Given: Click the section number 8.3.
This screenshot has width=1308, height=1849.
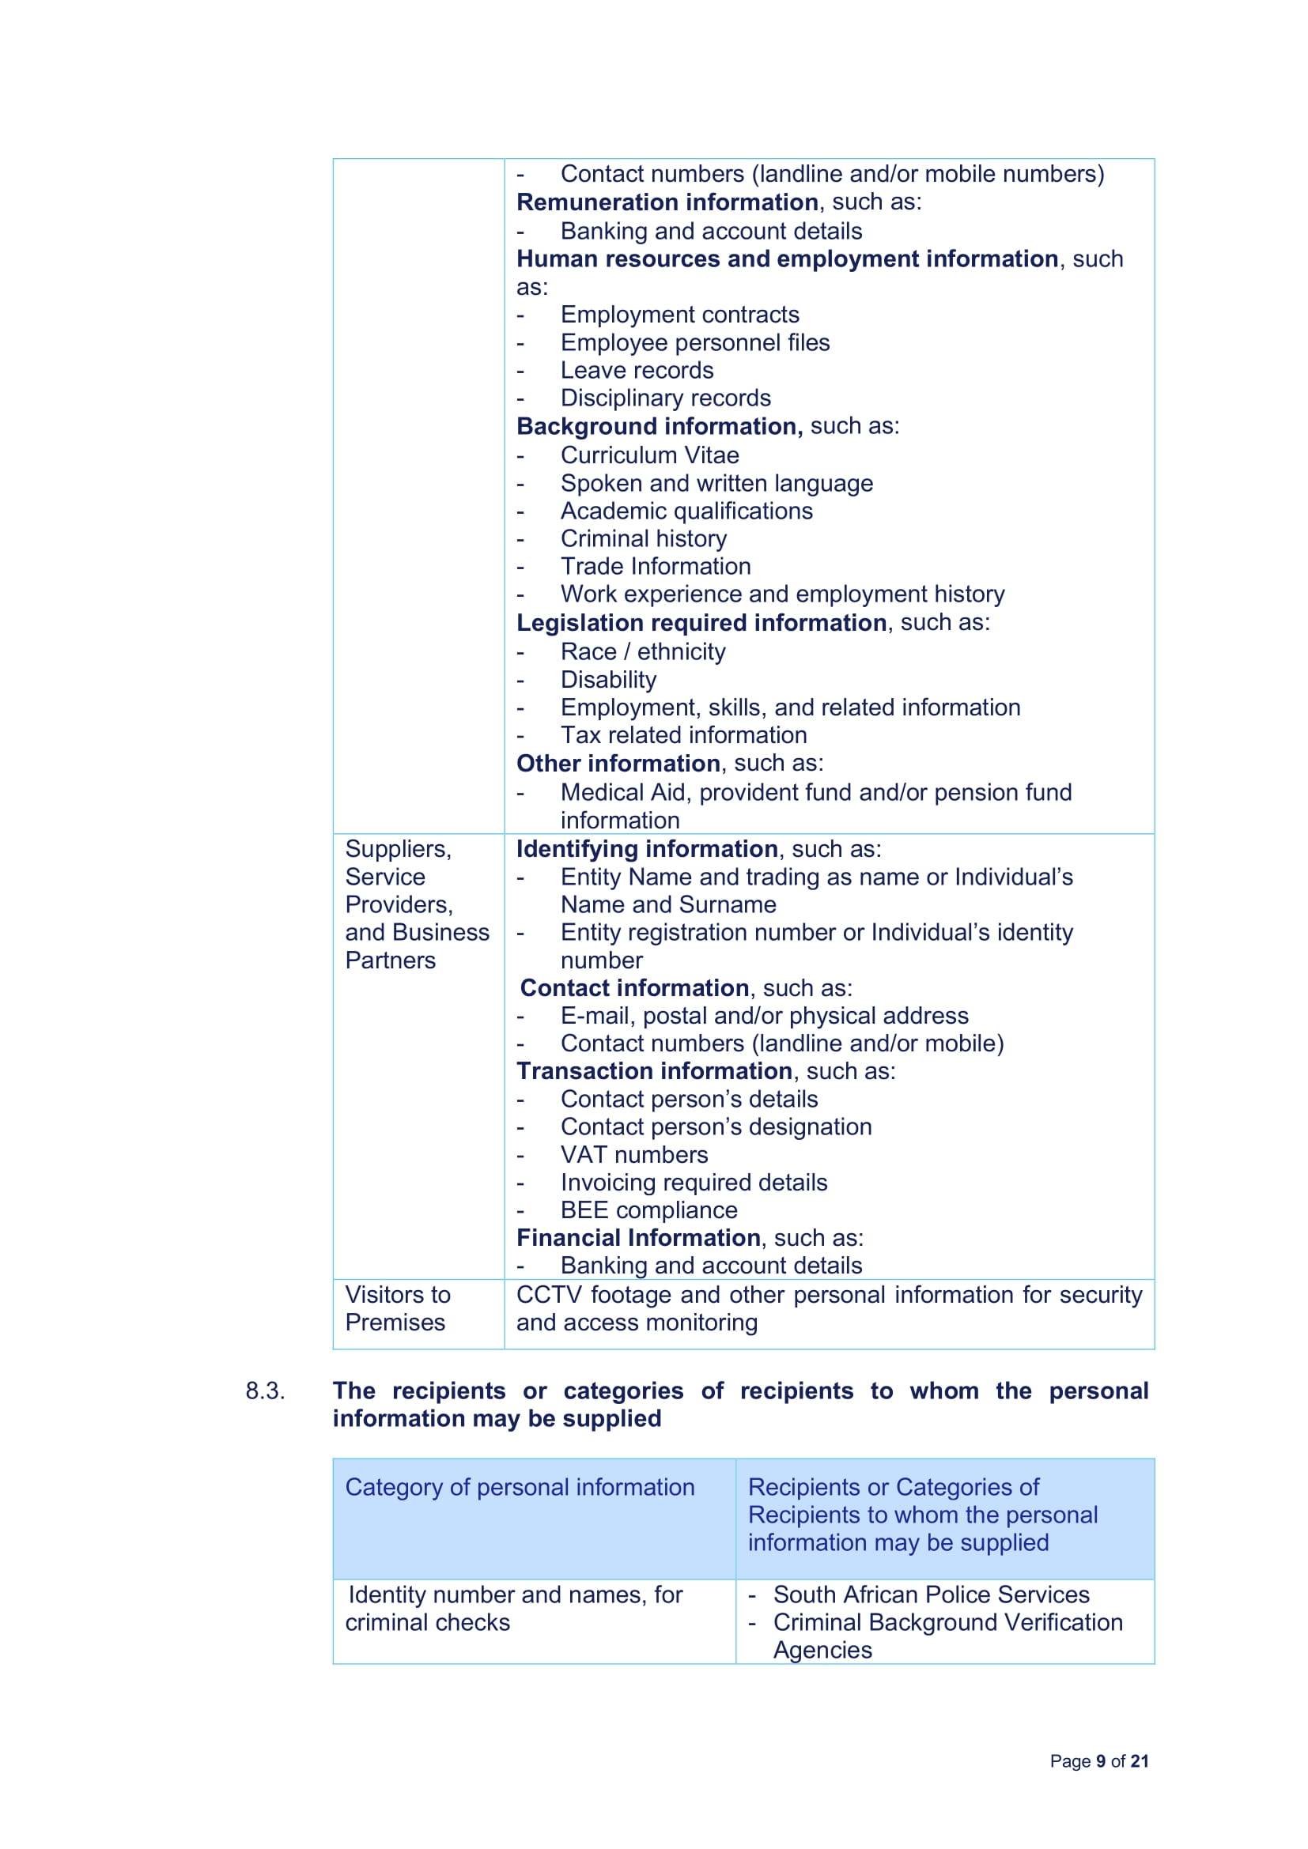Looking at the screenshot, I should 265,1391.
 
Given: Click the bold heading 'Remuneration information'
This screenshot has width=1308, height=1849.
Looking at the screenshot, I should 667,202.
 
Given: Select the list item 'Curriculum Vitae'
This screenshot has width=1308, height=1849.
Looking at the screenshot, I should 649,455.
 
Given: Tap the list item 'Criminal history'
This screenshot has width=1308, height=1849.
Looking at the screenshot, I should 643,538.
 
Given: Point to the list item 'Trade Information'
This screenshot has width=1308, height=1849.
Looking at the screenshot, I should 655,566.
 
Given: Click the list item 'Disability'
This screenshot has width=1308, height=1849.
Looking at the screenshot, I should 608,679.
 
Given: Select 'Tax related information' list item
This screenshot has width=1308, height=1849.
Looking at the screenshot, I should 683,734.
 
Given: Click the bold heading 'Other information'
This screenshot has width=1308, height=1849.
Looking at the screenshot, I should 618,763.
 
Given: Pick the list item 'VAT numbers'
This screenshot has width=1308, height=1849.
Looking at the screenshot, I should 634,1154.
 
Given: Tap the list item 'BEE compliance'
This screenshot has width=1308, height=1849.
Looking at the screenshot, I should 648,1209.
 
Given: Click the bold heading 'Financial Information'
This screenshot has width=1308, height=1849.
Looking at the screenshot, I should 638,1238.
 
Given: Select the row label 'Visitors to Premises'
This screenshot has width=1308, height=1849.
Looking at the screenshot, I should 397,1308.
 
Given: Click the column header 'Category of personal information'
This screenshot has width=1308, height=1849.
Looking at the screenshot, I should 520,1487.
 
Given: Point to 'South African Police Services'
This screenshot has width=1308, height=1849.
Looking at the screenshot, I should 930,1594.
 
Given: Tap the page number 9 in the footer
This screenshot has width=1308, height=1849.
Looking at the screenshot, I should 1099,1761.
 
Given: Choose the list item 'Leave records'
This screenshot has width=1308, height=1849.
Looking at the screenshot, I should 637,371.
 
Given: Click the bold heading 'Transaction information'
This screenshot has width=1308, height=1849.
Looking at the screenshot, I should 654,1071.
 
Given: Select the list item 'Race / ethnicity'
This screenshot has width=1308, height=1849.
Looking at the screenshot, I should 643,651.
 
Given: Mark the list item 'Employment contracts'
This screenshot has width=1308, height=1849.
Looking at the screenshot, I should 680,314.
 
